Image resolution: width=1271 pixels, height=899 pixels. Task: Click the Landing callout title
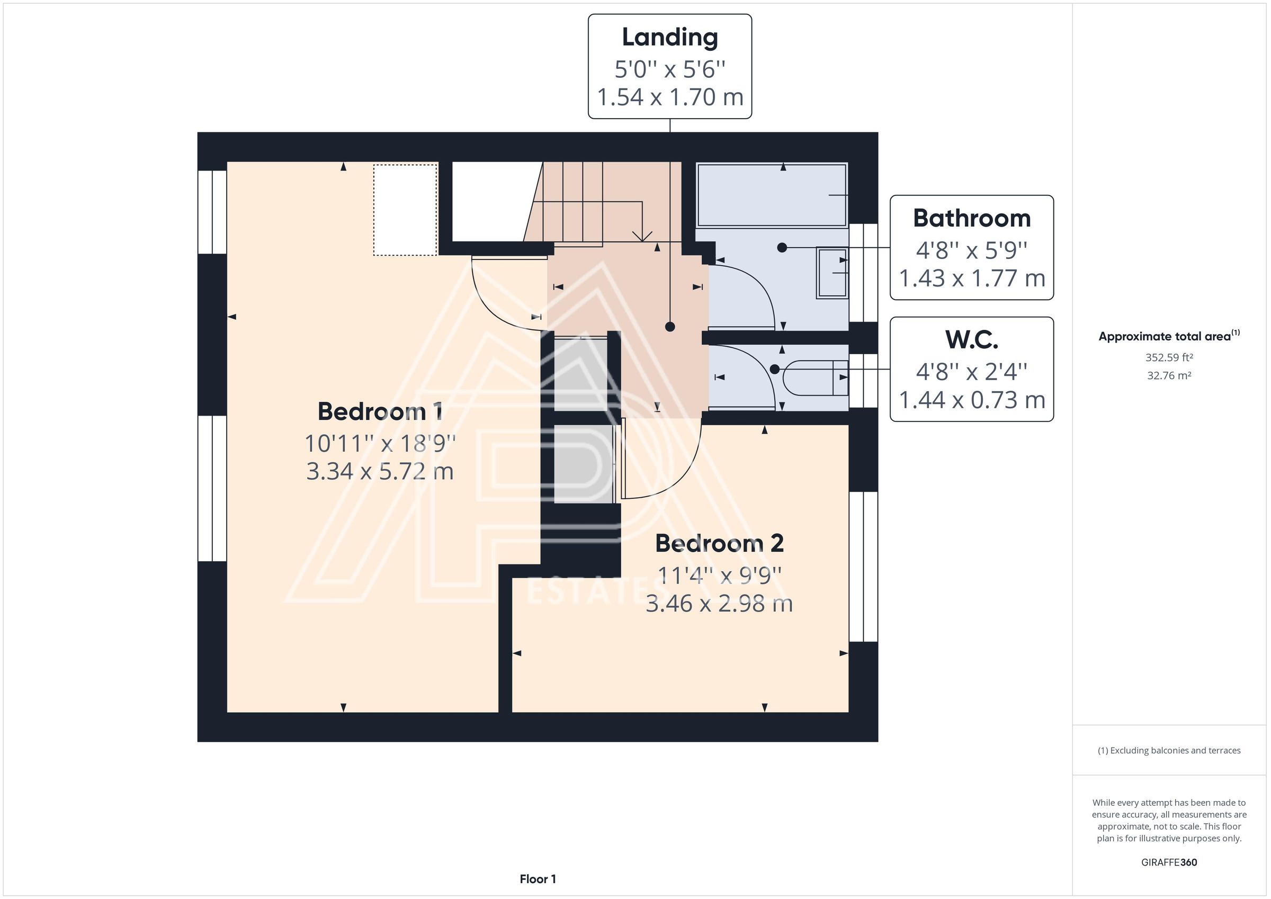pyautogui.click(x=670, y=38)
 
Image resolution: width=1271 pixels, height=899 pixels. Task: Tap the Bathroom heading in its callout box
pyautogui.click(x=971, y=218)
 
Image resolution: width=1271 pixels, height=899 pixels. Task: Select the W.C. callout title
pyautogui.click(x=971, y=340)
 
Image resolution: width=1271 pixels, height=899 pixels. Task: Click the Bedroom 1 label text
pyautogui.click(x=380, y=411)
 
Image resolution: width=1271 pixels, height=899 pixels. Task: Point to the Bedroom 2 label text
pyautogui.click(x=719, y=543)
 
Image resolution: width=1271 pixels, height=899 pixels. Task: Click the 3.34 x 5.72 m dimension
pyautogui.click(x=380, y=472)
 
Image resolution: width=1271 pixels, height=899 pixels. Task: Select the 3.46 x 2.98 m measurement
pyautogui.click(x=719, y=604)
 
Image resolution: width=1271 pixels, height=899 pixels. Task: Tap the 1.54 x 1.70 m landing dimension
pyautogui.click(x=670, y=97)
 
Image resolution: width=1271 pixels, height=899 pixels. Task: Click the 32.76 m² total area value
pyautogui.click(x=1169, y=375)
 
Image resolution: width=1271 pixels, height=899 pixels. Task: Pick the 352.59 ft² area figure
pyautogui.click(x=1169, y=357)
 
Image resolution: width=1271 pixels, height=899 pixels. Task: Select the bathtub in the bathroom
pyautogui.click(x=772, y=195)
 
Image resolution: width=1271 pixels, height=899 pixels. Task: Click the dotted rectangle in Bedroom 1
pyautogui.click(x=405, y=210)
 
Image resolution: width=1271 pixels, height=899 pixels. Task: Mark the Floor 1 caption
pyautogui.click(x=538, y=878)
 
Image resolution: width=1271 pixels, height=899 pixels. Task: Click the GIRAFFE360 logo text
pyautogui.click(x=1169, y=862)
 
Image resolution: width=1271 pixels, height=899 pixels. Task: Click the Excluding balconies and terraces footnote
pyautogui.click(x=1169, y=750)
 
